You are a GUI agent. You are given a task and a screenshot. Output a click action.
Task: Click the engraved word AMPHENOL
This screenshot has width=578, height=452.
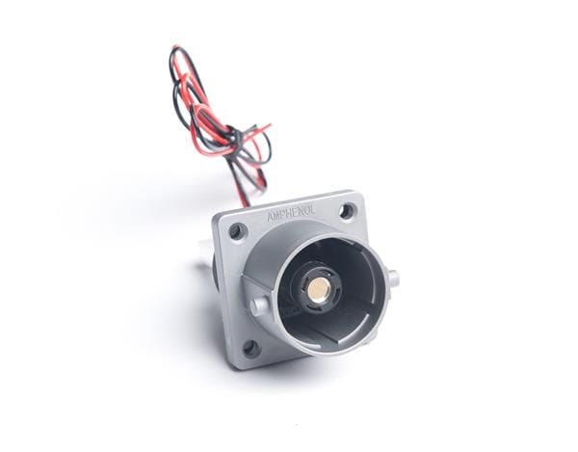point(300,216)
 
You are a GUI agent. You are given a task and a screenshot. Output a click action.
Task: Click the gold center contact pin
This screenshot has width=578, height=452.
point(322,286)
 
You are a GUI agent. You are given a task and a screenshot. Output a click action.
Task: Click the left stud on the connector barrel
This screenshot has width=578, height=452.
point(258,306)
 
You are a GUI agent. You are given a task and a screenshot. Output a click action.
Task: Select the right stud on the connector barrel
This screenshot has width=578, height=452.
point(392,279)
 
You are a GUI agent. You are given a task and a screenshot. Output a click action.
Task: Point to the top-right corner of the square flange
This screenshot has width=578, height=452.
point(358,193)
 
